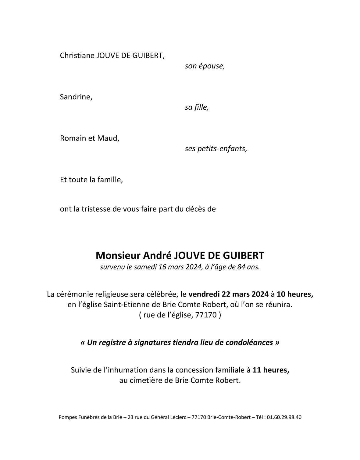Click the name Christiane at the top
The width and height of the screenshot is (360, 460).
(x=77, y=55)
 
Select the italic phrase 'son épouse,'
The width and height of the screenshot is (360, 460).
(x=205, y=66)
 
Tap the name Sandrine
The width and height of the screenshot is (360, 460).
(x=76, y=97)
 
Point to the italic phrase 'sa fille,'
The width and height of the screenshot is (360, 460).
(x=197, y=107)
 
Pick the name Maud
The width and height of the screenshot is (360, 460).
(x=108, y=138)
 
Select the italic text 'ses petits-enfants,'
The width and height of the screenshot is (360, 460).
(x=216, y=149)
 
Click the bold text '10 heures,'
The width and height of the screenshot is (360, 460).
(x=295, y=294)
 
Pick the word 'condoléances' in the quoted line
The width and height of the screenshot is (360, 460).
(x=249, y=342)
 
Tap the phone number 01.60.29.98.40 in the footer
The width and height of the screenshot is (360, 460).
(x=284, y=417)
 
